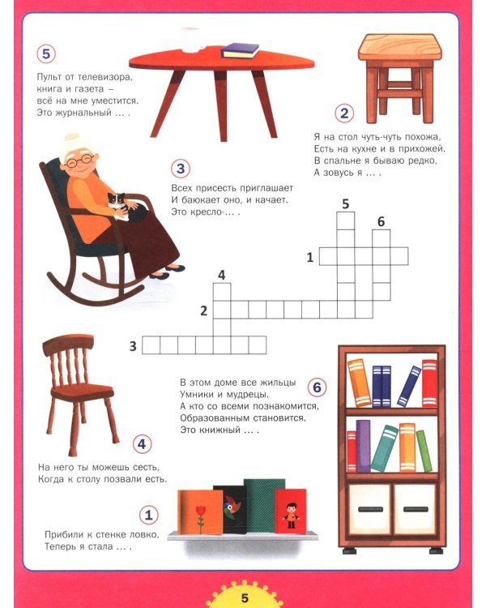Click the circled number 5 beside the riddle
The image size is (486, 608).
(46, 54)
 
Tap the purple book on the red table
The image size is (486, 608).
(241, 51)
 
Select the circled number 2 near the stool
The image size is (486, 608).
(344, 113)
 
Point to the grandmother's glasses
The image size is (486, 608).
(80, 161)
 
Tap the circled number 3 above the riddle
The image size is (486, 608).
(181, 169)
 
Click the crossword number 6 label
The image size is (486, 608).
(381, 221)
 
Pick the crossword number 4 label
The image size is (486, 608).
(221, 275)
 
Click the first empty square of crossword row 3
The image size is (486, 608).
(151, 345)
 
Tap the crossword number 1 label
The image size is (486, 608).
(309, 257)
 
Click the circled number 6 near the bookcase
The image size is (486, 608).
(317, 387)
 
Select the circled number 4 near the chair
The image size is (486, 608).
(143, 444)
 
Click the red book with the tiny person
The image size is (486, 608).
(291, 511)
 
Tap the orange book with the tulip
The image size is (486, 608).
(200, 512)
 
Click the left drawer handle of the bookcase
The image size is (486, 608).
(370, 510)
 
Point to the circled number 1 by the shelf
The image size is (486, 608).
(149, 515)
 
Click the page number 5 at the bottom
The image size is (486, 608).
(245, 597)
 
